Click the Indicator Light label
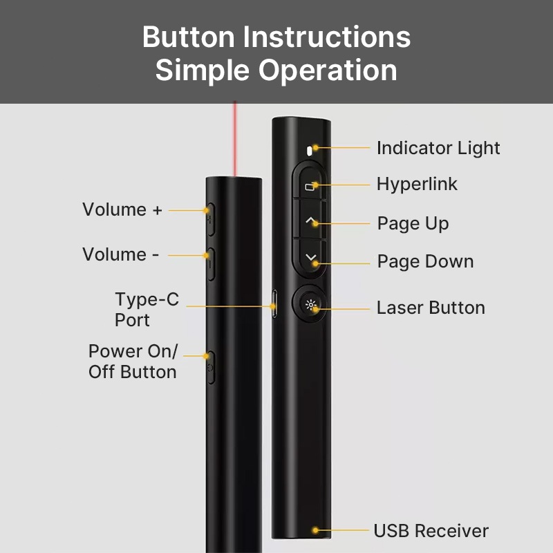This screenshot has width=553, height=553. tap(438, 148)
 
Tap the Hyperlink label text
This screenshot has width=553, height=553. tap(417, 184)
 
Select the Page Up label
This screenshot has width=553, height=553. tap(413, 223)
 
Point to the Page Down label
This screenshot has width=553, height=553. tap(425, 262)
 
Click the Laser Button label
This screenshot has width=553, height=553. tap(431, 308)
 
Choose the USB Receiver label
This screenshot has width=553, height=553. tap(431, 530)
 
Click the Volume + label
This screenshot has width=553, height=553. tap(122, 209)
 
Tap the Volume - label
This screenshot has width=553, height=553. tap(120, 254)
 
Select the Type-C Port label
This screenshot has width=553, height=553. tap(147, 310)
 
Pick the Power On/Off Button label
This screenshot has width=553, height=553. tap(133, 362)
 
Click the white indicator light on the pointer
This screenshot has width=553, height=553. tap(310, 151)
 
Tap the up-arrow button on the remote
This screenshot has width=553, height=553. tap(310, 221)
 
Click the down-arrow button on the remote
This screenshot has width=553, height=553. tap(310, 257)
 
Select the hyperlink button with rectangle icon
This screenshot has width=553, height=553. tap(310, 184)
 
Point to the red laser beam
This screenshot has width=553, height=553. tap(234, 139)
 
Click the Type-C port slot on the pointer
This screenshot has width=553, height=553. tap(274, 303)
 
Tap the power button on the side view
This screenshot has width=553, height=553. tap(211, 368)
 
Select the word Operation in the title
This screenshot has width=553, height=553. tap(328, 71)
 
